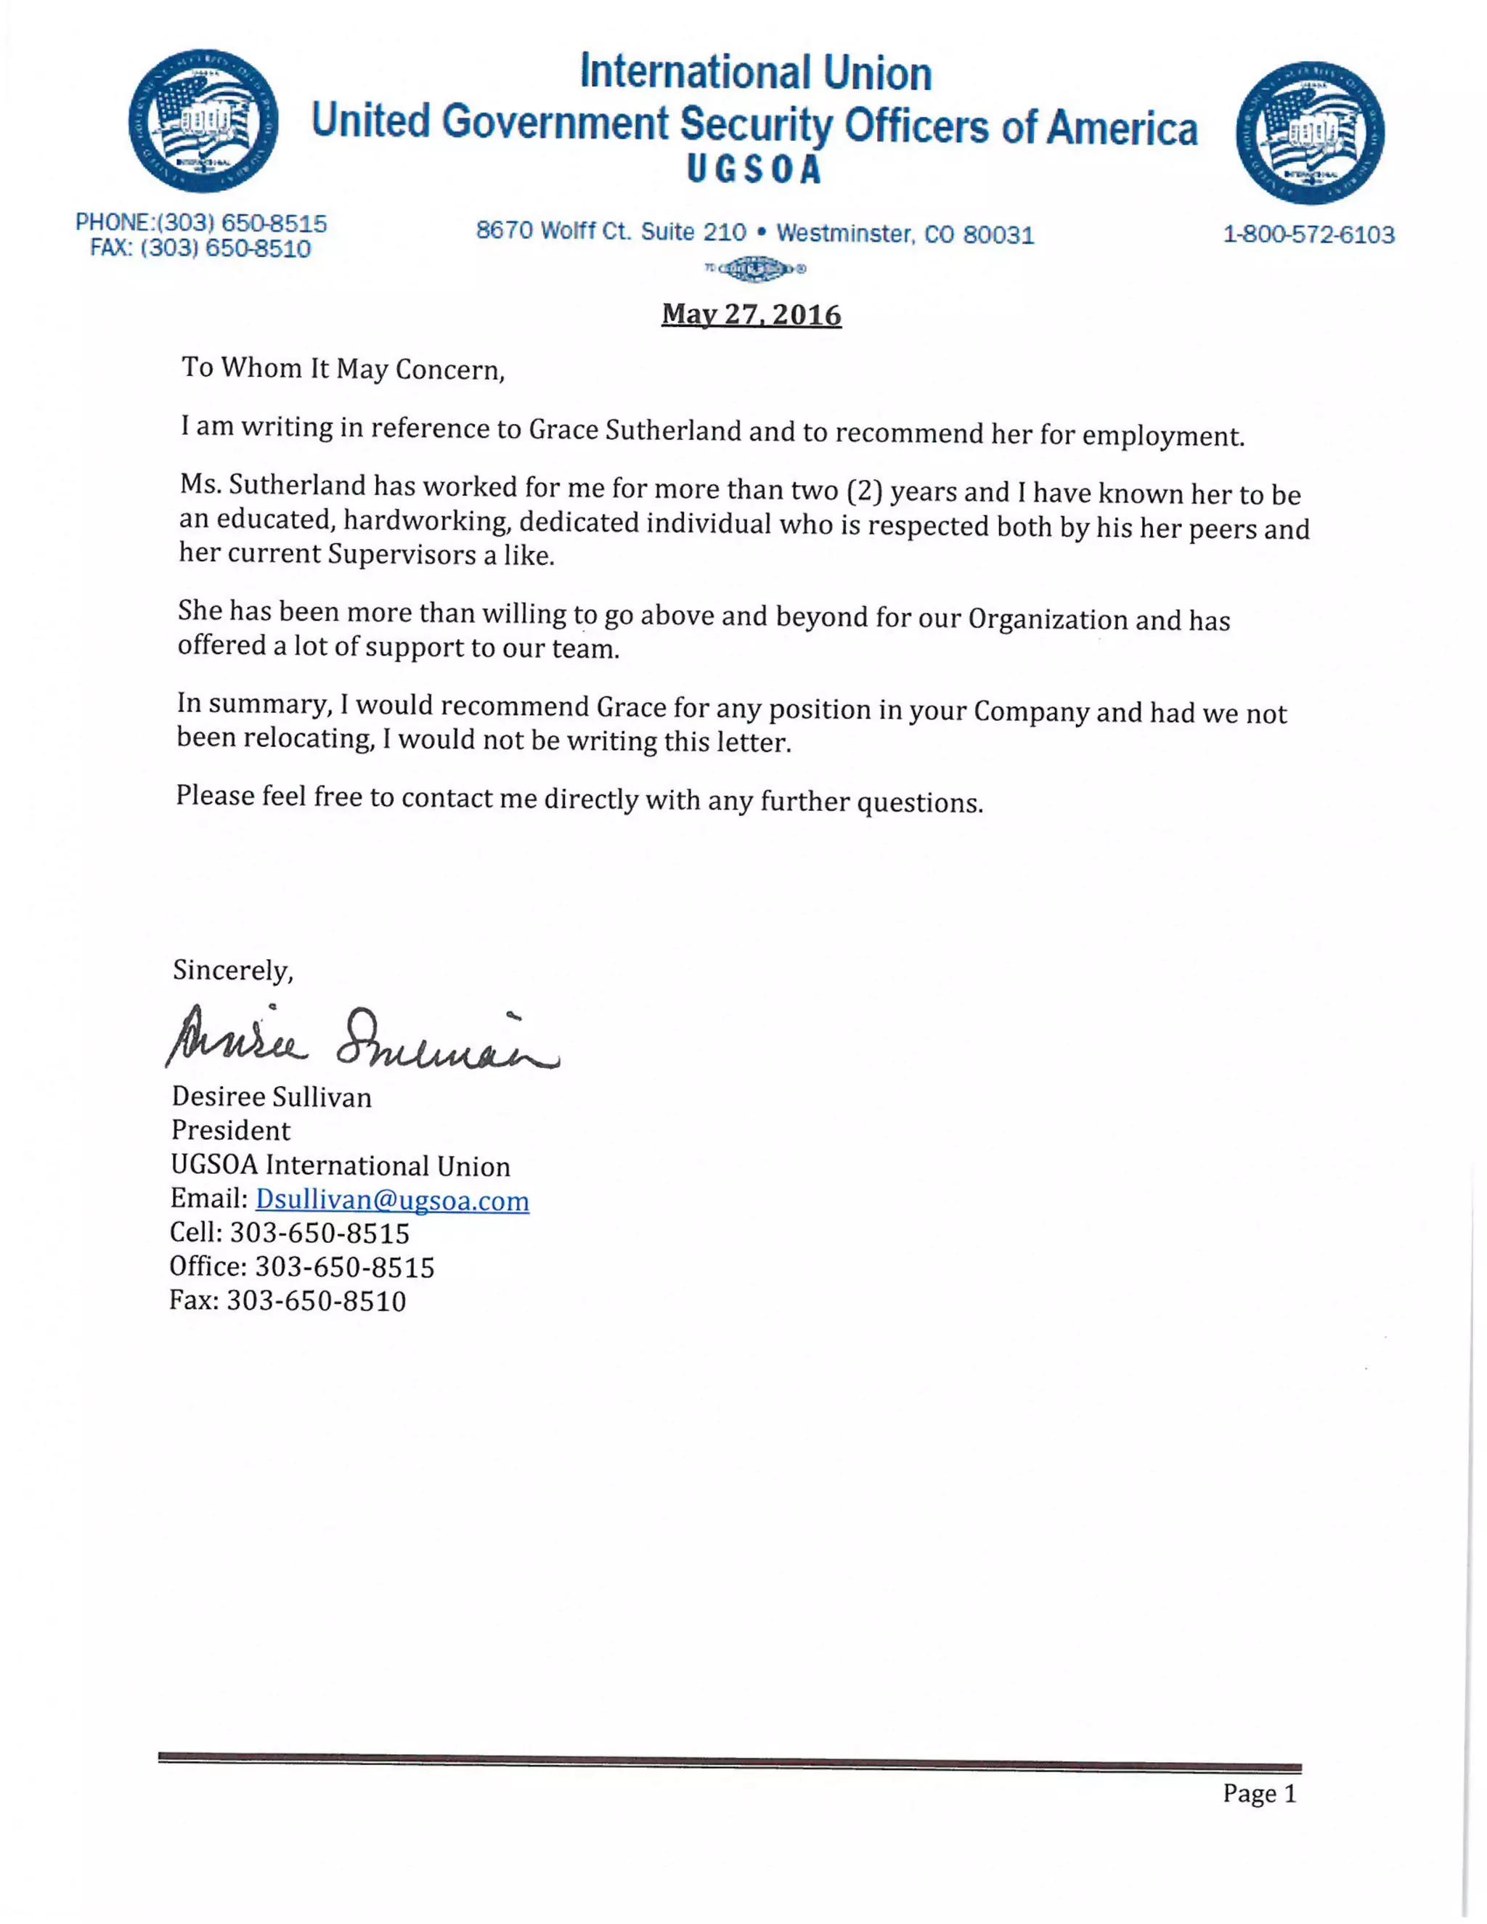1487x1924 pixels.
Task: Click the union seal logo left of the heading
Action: point(203,121)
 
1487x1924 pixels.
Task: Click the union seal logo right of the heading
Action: point(1309,133)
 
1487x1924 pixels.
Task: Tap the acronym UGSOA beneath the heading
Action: point(754,170)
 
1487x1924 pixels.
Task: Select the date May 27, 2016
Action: point(751,314)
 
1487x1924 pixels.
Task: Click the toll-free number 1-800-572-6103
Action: point(1308,235)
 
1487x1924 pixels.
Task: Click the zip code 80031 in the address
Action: point(998,235)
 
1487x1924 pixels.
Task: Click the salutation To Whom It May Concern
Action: point(343,368)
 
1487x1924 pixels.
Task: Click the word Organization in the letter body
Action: point(1048,619)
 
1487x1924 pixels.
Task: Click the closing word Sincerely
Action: point(232,970)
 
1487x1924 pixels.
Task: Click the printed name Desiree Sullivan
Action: point(272,1097)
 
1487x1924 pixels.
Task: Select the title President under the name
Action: point(231,1130)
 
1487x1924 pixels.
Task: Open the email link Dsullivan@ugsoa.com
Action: point(392,1200)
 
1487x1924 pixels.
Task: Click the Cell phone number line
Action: point(290,1233)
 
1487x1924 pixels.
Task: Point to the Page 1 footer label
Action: point(1259,1793)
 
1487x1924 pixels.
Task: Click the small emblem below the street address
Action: point(754,268)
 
